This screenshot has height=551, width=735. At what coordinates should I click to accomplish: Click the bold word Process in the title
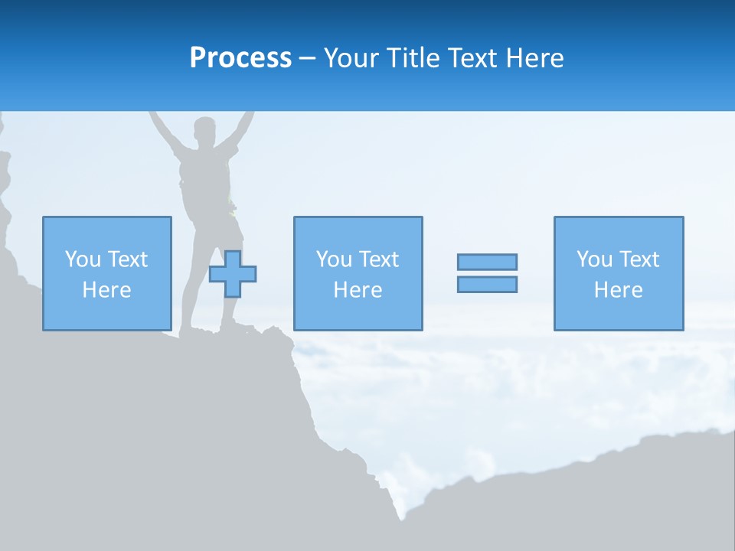240,58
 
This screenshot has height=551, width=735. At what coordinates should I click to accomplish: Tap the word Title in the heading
416,58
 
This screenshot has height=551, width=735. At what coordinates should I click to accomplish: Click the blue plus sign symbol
233,274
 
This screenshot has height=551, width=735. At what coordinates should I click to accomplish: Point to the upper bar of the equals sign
487,262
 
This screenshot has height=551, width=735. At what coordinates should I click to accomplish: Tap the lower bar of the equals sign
487,284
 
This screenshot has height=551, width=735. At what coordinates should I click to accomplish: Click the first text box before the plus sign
106,273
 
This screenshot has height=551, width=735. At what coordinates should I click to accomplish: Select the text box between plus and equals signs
358,273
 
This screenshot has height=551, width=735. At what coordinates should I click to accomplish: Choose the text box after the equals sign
619,273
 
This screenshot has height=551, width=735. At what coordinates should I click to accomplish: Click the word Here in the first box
106,290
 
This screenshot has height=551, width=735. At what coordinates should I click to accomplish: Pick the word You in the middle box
334,259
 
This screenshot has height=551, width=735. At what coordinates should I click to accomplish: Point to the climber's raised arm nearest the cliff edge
161,126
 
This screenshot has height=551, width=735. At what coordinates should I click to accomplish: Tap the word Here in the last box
619,290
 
